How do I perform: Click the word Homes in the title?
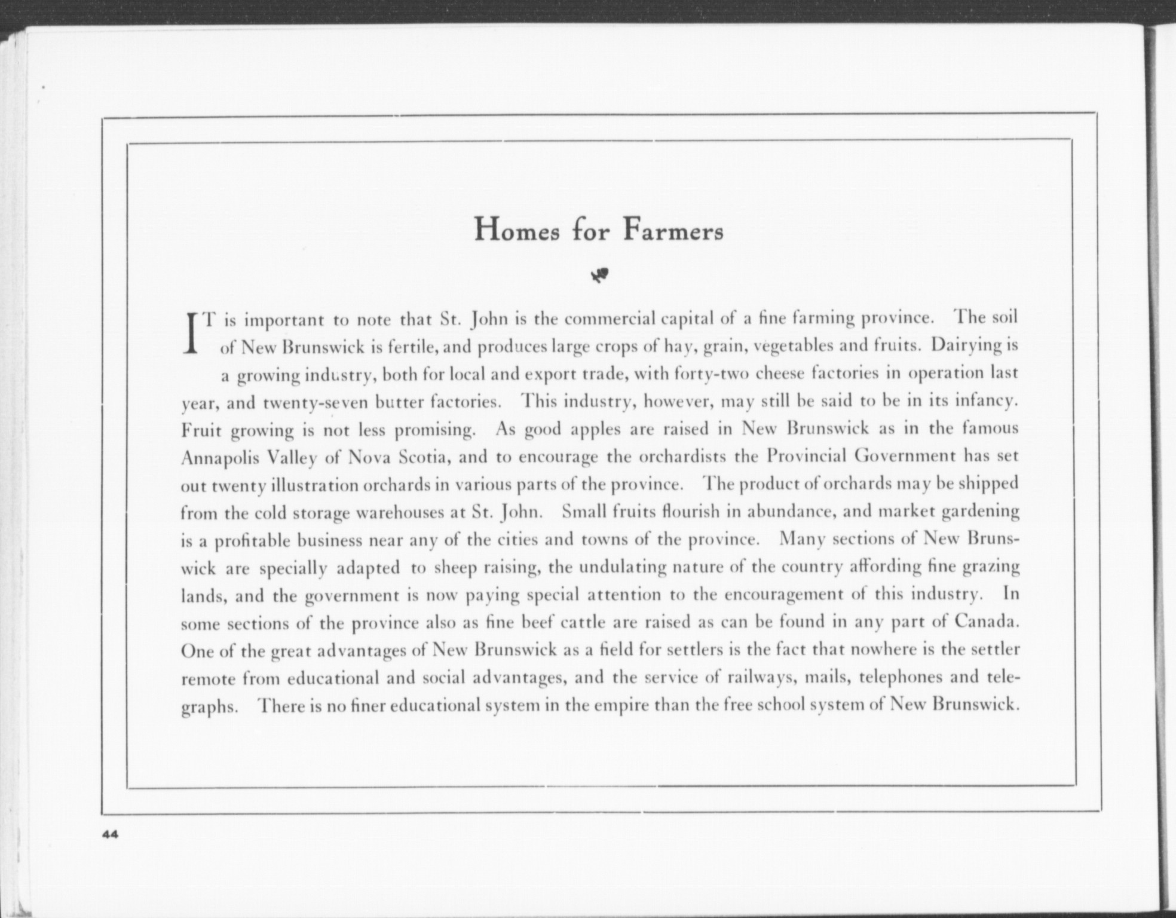(x=517, y=231)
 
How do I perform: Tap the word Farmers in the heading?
(x=673, y=231)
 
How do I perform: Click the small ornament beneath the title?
(x=600, y=275)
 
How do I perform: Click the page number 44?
(x=111, y=835)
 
